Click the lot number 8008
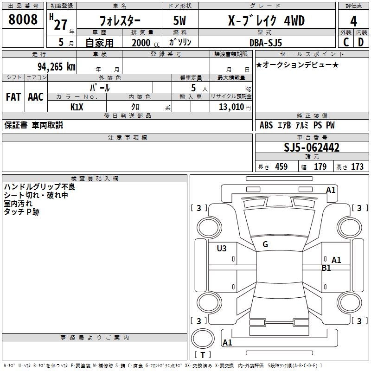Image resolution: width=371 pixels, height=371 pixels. coord(23,19)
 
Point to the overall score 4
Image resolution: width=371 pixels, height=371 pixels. coord(353,21)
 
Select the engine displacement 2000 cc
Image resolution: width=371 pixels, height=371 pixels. coord(141,43)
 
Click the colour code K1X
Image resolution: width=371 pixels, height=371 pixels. coord(77,107)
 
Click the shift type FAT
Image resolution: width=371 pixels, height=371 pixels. coord(13,97)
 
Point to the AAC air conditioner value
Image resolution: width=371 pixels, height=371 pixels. coord(36,97)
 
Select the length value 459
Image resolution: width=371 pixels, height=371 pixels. coord(281,167)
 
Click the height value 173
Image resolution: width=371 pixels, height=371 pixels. coord(357,167)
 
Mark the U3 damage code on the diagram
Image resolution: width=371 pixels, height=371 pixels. coord(222,249)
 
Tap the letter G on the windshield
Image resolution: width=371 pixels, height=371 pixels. coord(265,244)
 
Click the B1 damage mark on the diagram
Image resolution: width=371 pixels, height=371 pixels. coord(326,268)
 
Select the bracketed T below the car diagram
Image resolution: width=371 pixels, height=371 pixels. coord(202,355)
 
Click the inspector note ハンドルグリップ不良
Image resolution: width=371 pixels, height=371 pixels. coord(39,187)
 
